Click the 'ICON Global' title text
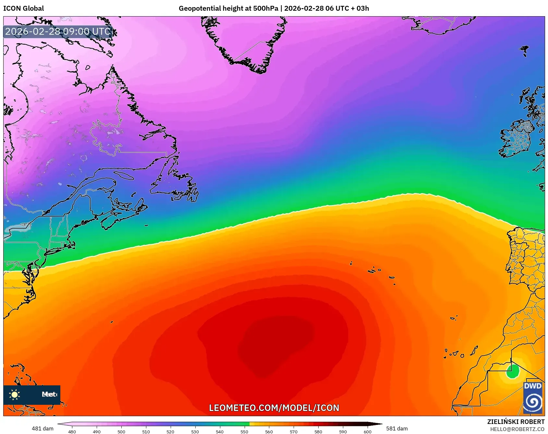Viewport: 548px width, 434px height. pos(24,8)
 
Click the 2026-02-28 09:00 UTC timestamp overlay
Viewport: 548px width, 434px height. pos(58,31)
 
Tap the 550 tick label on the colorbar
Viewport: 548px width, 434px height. pos(244,432)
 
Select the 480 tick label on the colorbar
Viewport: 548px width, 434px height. pos(72,432)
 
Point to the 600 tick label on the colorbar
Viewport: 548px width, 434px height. pos(367,432)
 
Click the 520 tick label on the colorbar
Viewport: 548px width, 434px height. pos(170,432)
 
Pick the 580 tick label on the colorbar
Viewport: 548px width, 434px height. pos(318,432)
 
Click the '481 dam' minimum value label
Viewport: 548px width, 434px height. pos(43,428)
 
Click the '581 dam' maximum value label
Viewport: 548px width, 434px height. pos(397,428)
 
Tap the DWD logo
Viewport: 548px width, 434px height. pos(533,398)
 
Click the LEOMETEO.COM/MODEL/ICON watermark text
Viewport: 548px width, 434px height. pos(274,408)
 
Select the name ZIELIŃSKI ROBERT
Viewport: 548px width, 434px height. pos(516,422)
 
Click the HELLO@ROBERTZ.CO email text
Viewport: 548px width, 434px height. pos(517,429)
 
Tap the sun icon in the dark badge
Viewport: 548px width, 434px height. pos(15,394)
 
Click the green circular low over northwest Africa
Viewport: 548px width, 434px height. pos(512,371)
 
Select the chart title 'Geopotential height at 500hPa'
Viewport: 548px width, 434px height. pos(228,8)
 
